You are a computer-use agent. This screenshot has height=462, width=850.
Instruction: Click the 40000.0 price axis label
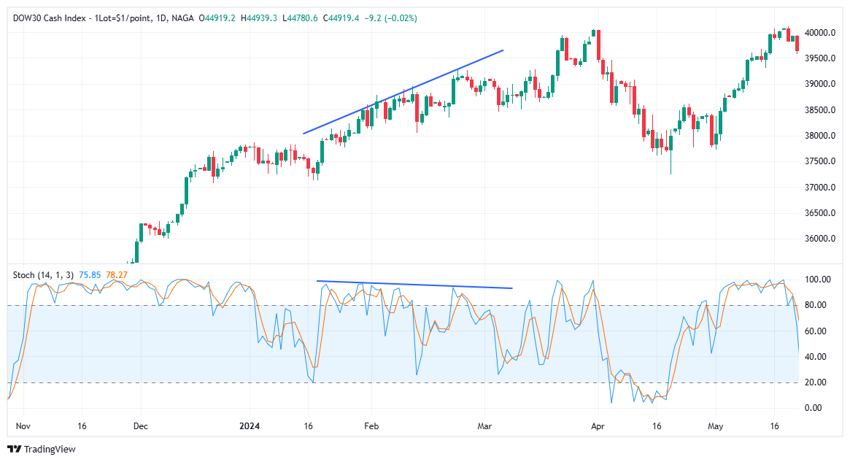[820, 33]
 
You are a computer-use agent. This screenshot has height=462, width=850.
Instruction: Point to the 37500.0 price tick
[820, 161]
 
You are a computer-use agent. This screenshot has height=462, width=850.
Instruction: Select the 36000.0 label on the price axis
[820, 239]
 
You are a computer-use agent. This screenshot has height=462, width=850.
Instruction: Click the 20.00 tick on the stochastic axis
[816, 382]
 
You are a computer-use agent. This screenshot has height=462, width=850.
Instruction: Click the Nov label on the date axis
[22, 426]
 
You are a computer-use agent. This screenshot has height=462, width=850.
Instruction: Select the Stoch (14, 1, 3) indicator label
[43, 274]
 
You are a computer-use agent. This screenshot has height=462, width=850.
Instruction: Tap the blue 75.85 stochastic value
[90, 274]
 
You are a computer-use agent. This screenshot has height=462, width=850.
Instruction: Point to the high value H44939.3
[260, 18]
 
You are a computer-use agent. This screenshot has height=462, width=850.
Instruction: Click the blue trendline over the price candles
[403, 92]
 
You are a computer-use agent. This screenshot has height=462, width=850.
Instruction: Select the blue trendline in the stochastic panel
[414, 285]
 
